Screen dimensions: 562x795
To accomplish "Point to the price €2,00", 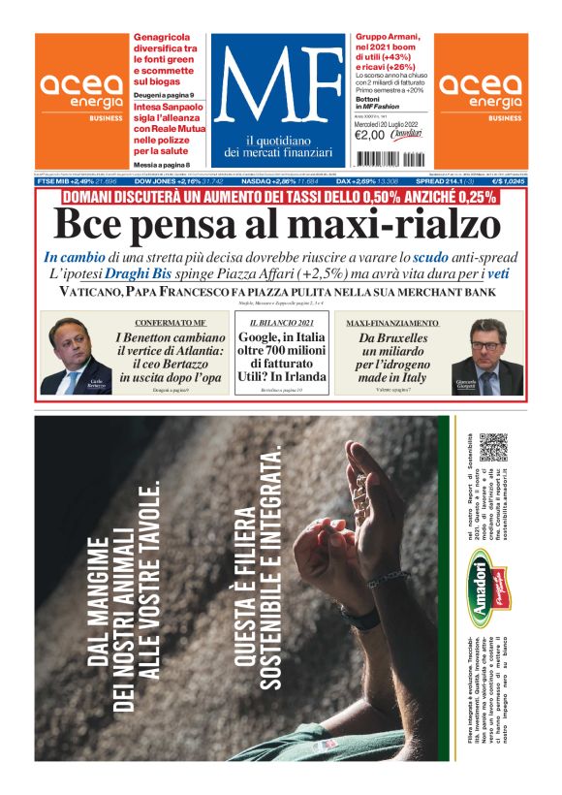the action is pos(371,135).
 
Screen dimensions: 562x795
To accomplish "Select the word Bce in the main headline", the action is pos(92,225).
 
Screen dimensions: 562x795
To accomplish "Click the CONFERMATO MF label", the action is pos(171,322).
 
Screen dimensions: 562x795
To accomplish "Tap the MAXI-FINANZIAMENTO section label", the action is pos(391,322).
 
